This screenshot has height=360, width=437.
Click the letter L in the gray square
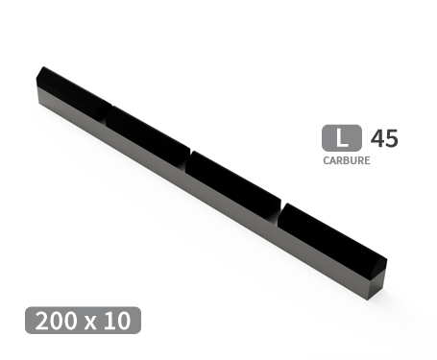pyautogui.click(x=342, y=138)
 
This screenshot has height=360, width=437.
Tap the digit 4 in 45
pyautogui.click(x=376, y=138)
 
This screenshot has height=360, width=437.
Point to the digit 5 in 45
pyautogui.click(x=390, y=138)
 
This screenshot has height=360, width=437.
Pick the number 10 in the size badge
pyautogui.click(x=117, y=321)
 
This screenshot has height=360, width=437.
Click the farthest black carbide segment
pyautogui.click(x=72, y=90)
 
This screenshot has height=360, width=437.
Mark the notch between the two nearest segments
pyautogui.click(x=279, y=209)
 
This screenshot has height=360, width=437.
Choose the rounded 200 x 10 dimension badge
pyautogui.click(x=84, y=321)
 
